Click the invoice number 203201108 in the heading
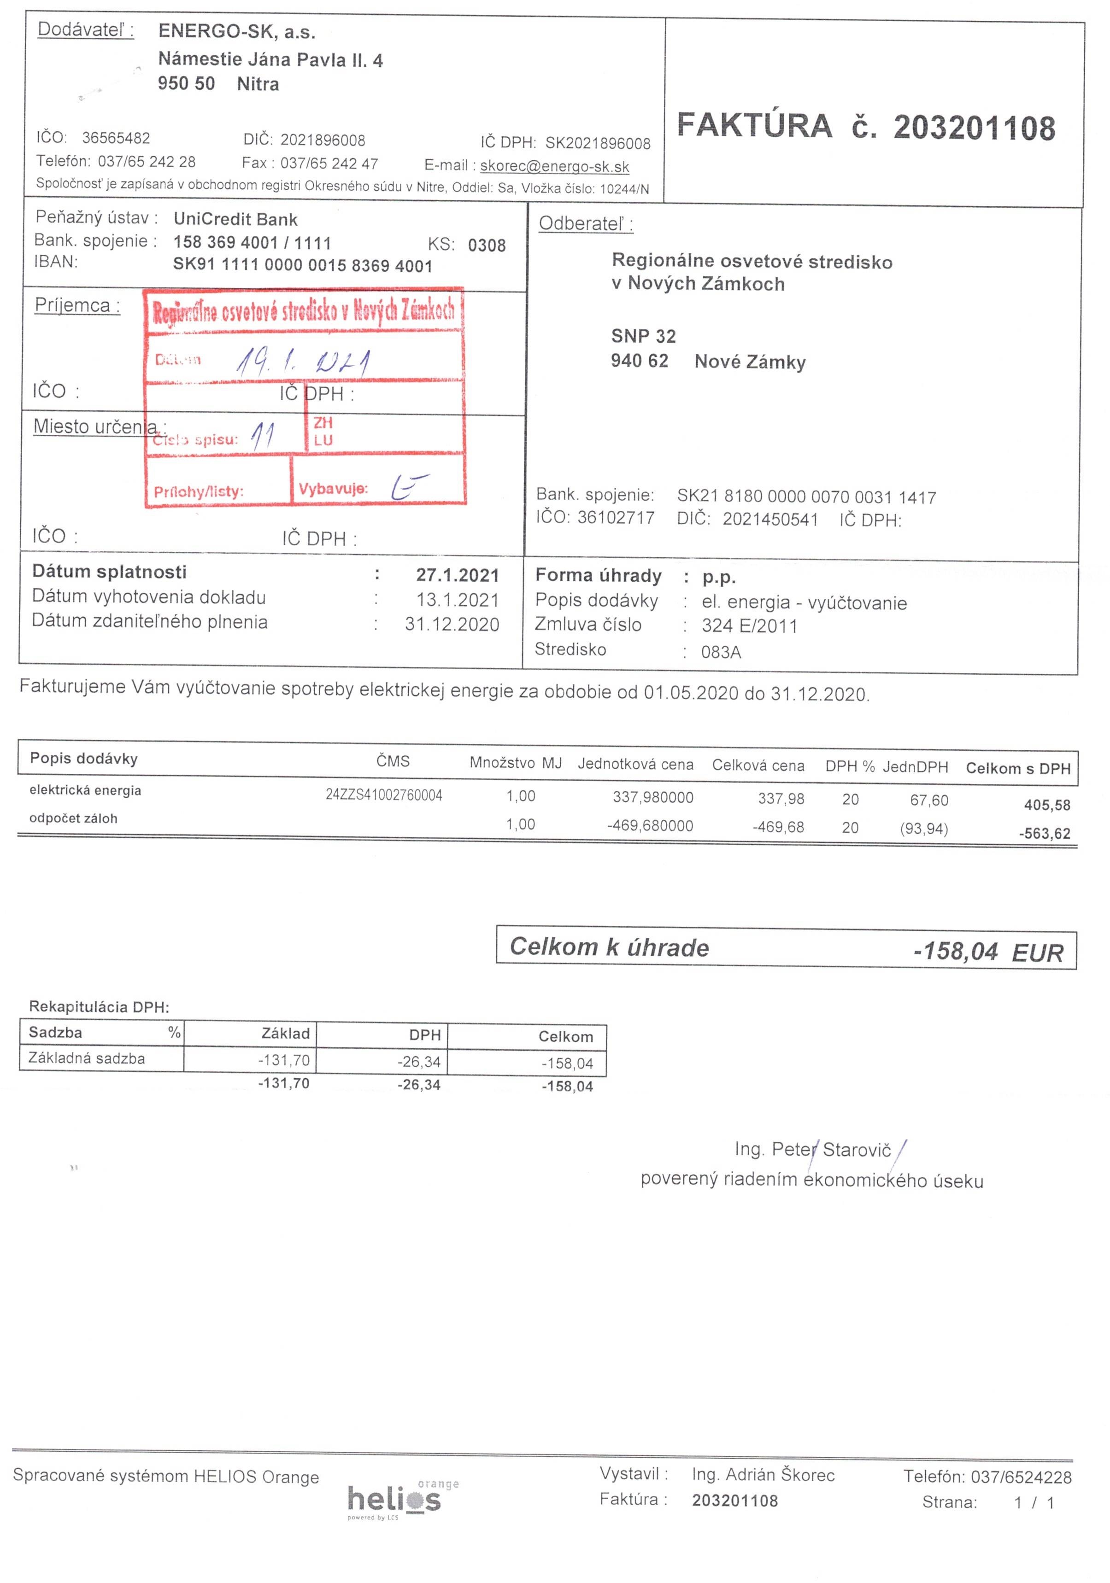tap(974, 128)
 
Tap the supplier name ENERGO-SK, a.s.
tap(237, 32)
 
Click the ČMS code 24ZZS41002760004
tap(383, 795)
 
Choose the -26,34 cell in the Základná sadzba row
tap(419, 1062)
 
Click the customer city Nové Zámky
tap(749, 362)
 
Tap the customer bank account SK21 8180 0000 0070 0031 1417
tap(806, 497)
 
